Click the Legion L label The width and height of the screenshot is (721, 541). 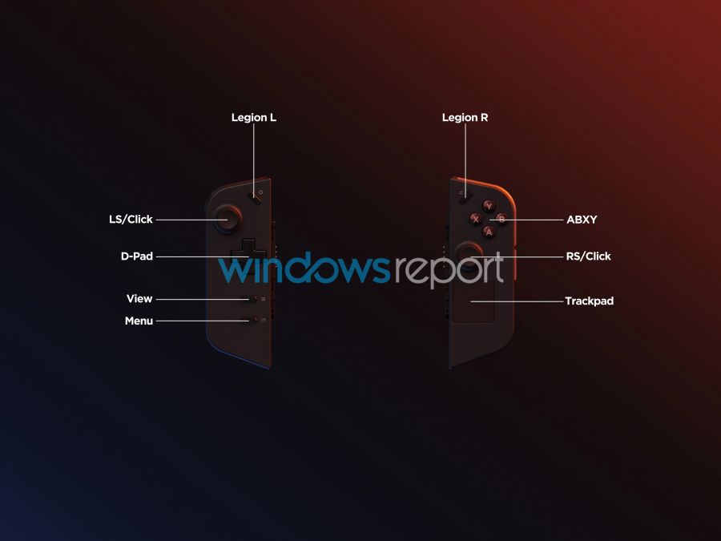[x=254, y=118]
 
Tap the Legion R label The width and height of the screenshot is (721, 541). [x=465, y=118]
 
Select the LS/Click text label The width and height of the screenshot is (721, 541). [x=131, y=220]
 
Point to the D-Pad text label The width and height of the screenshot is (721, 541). [x=136, y=256]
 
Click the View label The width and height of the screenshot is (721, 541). [x=139, y=299]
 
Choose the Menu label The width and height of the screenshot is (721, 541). [x=139, y=321]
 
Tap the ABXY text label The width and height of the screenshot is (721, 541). [x=582, y=220]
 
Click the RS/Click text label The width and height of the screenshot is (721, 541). [x=589, y=256]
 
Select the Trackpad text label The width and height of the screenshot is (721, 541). [x=590, y=301]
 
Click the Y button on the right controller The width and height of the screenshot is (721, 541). [x=489, y=206]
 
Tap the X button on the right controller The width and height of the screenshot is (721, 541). [x=476, y=219]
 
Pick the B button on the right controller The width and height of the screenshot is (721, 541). [x=501, y=219]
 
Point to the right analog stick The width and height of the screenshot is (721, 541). [x=469, y=256]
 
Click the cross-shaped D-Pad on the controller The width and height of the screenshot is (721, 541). [x=248, y=256]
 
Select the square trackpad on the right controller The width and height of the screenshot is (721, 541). [x=473, y=301]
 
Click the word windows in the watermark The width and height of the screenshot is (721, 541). [x=304, y=267]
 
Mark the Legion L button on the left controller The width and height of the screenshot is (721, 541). [x=256, y=196]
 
